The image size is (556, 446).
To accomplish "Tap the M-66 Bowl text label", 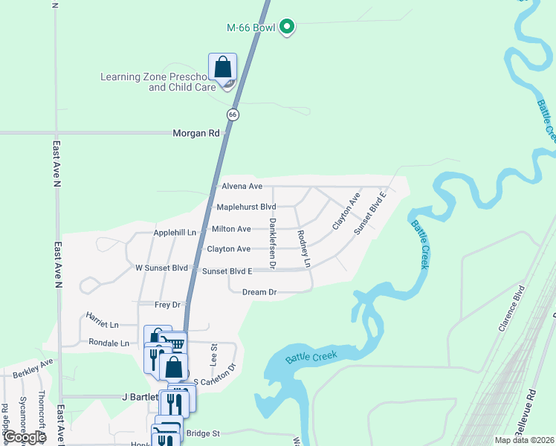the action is click(250, 28).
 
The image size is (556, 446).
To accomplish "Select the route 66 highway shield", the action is click(233, 114).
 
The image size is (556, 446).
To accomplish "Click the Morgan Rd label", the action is click(196, 134).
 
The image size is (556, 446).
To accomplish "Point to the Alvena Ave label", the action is click(242, 186).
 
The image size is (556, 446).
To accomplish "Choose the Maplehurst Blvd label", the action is click(245, 207).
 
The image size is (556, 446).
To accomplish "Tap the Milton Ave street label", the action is click(231, 229).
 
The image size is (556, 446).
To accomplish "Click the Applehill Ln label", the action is click(175, 233).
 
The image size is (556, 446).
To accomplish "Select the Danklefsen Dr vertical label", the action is click(273, 243).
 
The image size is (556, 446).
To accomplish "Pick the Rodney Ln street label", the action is click(303, 248).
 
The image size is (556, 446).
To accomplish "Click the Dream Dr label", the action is click(259, 292).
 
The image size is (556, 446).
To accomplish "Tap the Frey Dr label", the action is click(167, 305).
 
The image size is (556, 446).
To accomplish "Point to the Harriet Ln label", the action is click(103, 325).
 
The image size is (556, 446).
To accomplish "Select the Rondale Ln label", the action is click(109, 343).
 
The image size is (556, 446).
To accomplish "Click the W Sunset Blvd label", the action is click(161, 268).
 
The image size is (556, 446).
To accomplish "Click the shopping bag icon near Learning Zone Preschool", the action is click(222, 68).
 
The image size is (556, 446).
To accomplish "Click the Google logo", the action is click(24, 437).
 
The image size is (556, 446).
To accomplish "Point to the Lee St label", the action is click(213, 355).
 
